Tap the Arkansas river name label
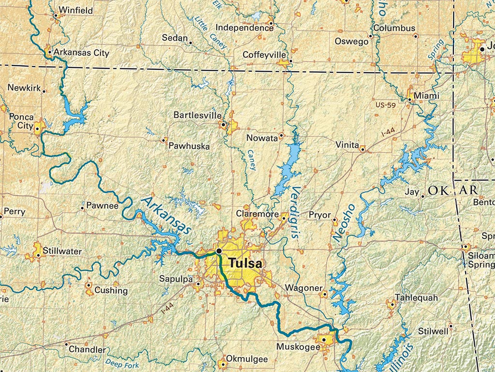pyautogui.click(x=166, y=216)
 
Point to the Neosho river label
pyautogui.click(x=344, y=222)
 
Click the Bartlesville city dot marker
pyautogui.click(x=223, y=124)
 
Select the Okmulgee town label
pyautogui.click(x=247, y=359)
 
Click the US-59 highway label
pyautogui.click(x=386, y=105)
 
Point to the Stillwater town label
pyautogui.click(x=62, y=251)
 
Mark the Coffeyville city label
pyautogui.click(x=264, y=54)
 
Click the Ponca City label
pyautogui.click(x=21, y=122)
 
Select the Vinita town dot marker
pyautogui.click(x=362, y=149)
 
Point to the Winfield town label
pyautogui.click(x=76, y=10)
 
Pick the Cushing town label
pyautogui.click(x=111, y=291)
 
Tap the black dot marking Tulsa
pyautogui.click(x=219, y=250)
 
